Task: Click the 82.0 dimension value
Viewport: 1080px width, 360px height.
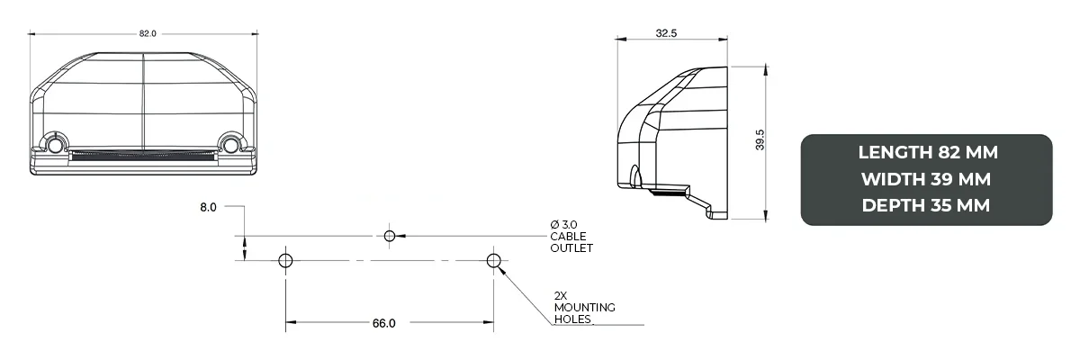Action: (148, 33)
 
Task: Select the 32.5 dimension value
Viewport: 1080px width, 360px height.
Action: (666, 33)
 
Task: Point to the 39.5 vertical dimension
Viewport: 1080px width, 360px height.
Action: (759, 142)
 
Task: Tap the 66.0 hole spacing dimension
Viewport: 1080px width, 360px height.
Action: (383, 323)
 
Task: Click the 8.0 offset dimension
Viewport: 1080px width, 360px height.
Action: (208, 207)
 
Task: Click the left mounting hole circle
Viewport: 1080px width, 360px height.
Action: (285, 261)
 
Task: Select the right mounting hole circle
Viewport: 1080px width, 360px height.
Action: (493, 261)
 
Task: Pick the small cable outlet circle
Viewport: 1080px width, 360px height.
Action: (390, 236)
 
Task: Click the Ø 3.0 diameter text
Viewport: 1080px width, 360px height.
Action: (564, 224)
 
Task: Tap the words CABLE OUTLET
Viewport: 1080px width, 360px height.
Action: (571, 242)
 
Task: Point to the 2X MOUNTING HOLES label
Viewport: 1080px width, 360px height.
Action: (584, 307)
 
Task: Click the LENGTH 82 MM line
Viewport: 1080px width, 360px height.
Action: (927, 152)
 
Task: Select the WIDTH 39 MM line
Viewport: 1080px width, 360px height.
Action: (927, 179)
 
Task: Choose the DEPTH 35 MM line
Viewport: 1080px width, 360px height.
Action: (927, 206)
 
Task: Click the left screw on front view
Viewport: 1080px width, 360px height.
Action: (56, 145)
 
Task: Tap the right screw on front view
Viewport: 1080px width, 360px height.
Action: (231, 145)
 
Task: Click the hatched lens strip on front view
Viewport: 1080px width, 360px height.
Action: (144, 157)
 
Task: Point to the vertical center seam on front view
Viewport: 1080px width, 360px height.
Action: (144, 99)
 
